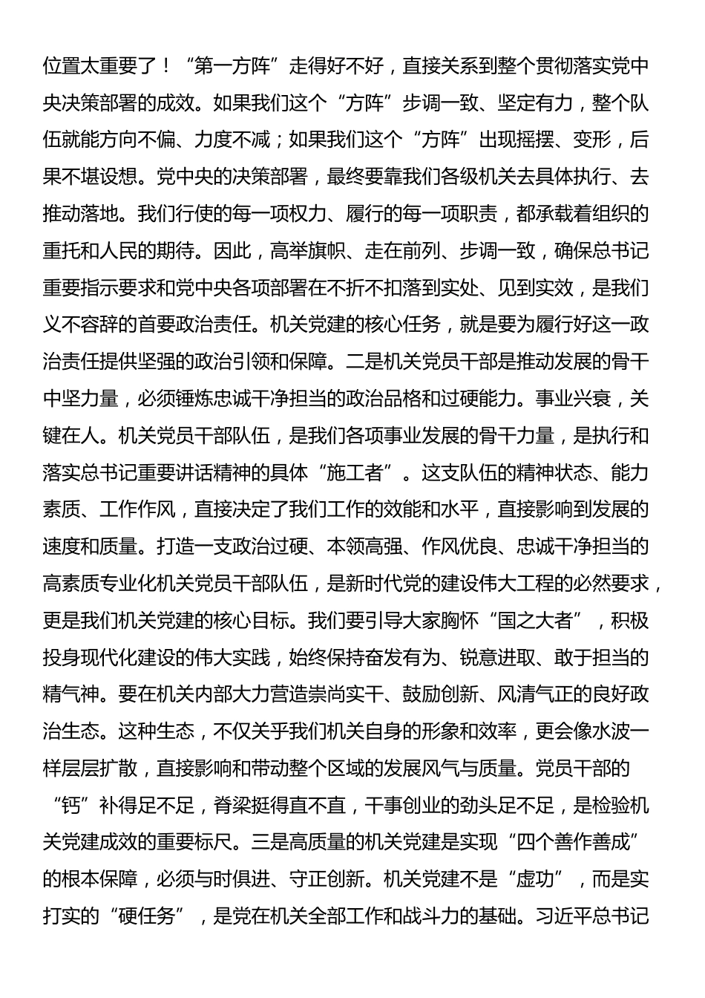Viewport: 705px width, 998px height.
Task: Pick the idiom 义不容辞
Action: pyautogui.click(x=81, y=324)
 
